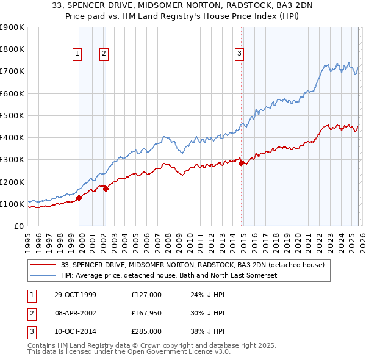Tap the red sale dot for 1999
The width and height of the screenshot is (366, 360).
click(79, 198)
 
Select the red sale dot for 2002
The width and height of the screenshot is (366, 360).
click(106, 189)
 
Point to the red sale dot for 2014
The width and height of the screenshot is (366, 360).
click(241, 163)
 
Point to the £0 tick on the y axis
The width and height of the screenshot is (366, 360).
click(18, 226)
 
